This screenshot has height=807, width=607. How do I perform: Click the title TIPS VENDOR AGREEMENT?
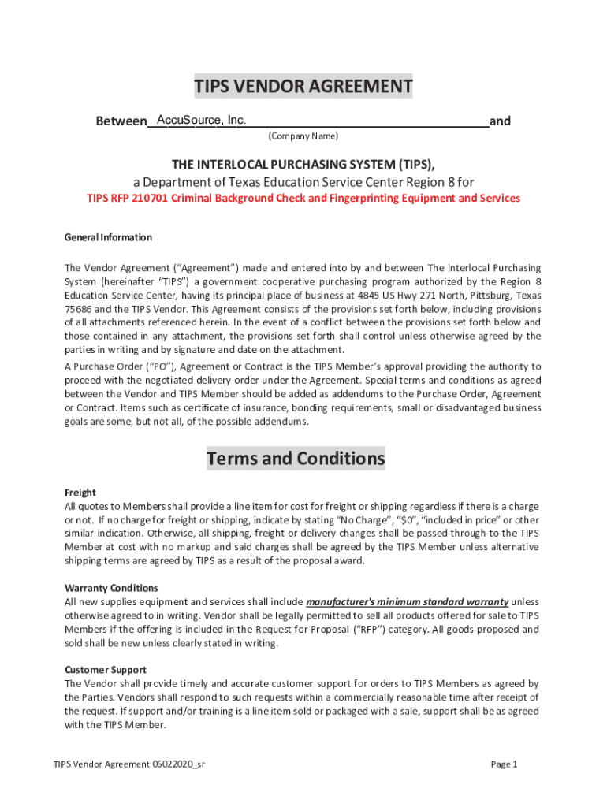pyautogui.click(x=303, y=87)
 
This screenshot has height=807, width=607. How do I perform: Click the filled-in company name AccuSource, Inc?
pyautogui.click(x=202, y=120)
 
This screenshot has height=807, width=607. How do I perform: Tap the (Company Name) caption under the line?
pyautogui.click(x=303, y=136)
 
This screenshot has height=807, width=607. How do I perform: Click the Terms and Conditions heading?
pyautogui.click(x=296, y=459)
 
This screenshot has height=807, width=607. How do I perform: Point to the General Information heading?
pyautogui.click(x=108, y=237)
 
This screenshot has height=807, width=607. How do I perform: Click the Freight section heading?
pyautogui.click(x=80, y=493)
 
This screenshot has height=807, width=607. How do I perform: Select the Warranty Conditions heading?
pyautogui.click(x=111, y=588)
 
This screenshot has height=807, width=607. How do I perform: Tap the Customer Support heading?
pyautogui.click(x=105, y=670)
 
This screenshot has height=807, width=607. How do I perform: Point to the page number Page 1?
pyautogui.click(x=504, y=764)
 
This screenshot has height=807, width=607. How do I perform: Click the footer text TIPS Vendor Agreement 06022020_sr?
pyautogui.click(x=130, y=764)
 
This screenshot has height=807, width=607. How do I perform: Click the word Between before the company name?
pyautogui.click(x=121, y=121)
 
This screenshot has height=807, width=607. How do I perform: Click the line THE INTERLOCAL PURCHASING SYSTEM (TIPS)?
pyautogui.click(x=303, y=164)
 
